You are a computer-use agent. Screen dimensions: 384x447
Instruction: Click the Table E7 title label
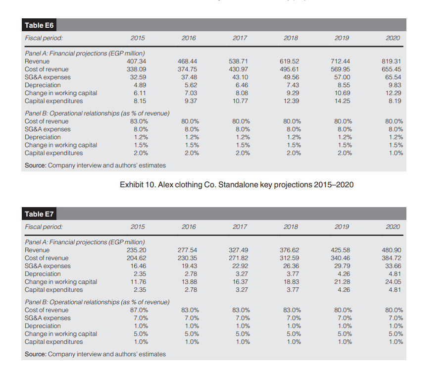point(39,214)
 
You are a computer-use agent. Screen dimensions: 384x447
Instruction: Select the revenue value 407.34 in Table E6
point(136,61)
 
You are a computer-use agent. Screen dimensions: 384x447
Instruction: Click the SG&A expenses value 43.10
point(240,77)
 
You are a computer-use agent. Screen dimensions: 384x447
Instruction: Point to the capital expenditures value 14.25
point(341,101)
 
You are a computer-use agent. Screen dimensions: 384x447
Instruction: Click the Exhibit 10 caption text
point(237,185)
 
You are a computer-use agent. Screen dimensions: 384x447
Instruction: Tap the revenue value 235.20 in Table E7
point(136,250)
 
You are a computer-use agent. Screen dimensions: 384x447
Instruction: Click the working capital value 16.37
point(240,282)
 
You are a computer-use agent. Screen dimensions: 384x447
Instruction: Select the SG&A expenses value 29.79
point(341,266)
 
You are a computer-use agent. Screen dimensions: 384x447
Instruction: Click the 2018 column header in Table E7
point(291,226)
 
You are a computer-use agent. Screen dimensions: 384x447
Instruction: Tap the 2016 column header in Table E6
point(189,38)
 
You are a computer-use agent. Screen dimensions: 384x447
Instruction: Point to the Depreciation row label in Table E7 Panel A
point(43,274)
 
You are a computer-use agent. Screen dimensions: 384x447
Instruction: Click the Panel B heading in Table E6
point(97,113)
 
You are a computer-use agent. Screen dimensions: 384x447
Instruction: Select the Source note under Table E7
point(95,354)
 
